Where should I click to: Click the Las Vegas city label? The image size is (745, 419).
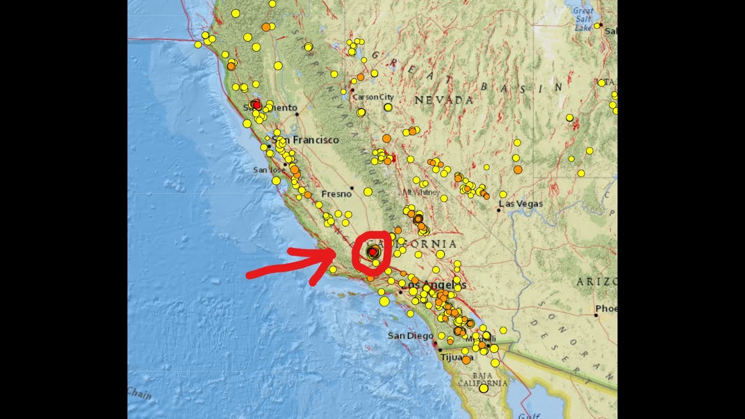(x=521, y=204)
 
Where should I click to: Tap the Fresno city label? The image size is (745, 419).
(x=336, y=194)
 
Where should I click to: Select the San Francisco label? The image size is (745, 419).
(x=307, y=140)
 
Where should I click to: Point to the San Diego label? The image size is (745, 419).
(x=410, y=336)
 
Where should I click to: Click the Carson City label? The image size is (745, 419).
(x=372, y=97)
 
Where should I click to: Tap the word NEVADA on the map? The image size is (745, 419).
(x=444, y=100)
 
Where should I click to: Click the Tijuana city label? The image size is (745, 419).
(x=453, y=357)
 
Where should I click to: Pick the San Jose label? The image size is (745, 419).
(x=268, y=170)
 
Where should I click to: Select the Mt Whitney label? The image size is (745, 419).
(x=421, y=192)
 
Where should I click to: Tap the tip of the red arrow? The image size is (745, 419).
(x=336, y=251)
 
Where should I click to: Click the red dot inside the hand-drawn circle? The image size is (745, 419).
(x=372, y=251)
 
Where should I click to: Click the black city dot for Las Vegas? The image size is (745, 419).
(x=498, y=210)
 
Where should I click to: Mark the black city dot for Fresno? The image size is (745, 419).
(x=352, y=188)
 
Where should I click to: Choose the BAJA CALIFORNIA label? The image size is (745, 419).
(x=483, y=379)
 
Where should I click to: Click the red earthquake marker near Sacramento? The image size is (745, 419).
(x=256, y=104)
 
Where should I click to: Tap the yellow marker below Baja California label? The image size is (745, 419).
(x=483, y=388)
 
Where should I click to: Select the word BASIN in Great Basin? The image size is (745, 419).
(x=521, y=88)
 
